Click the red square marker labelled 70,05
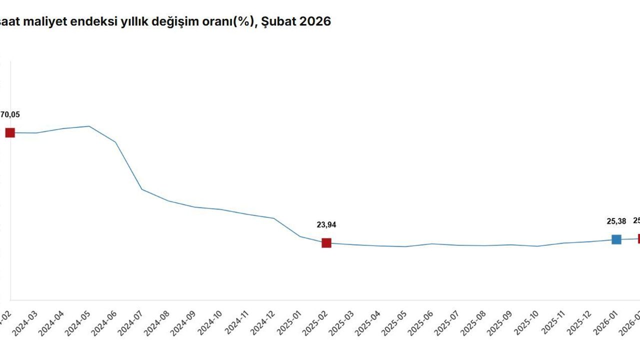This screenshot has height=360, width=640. (10, 132)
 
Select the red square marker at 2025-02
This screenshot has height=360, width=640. (326, 243)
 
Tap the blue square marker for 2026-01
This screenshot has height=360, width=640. (616, 239)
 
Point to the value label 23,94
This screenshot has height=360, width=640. (326, 225)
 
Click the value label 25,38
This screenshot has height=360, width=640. (616, 221)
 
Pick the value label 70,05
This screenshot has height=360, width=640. (10, 114)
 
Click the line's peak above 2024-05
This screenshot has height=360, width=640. (89, 126)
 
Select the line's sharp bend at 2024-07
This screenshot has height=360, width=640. (142, 189)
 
